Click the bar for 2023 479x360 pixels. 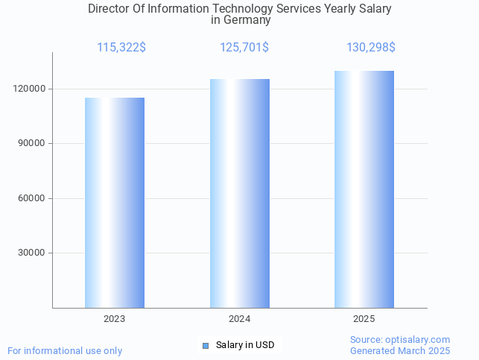pos(115,203)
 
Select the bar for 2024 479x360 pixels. pos(240,194)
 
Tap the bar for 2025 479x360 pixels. pos(364,189)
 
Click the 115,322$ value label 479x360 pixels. pos(121,48)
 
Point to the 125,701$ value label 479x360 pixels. pos(244,48)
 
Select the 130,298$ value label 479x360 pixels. pos(371,48)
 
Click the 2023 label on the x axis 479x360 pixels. pos(115,319)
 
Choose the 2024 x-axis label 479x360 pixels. pos(240,319)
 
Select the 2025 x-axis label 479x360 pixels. pos(364,319)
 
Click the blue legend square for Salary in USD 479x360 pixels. pos(206,345)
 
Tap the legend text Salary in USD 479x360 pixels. pos(245,345)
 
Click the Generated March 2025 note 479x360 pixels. pos(400,350)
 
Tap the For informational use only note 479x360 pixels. pos(65,350)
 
